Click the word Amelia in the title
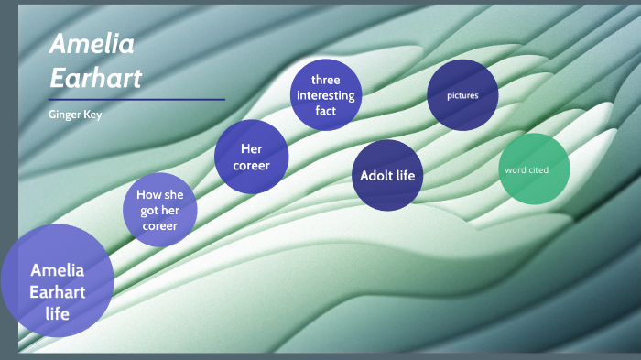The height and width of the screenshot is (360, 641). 92,43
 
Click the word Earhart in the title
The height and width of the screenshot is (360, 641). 95,78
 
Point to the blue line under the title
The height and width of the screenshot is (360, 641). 136,99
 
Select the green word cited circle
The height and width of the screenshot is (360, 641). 534,169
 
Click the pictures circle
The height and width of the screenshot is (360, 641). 462,95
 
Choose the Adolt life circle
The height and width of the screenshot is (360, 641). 387,175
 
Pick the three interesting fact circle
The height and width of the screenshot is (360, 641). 325,95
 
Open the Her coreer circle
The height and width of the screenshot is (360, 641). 252,157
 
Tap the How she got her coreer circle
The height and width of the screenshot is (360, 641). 161,210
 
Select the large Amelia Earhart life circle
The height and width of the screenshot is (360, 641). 57,281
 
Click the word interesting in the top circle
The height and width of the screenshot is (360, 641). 325,95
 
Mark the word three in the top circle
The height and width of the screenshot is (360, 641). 325,80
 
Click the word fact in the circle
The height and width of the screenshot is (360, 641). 325,111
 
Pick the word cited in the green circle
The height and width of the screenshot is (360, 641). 539,169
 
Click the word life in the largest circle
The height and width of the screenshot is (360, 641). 57,313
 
